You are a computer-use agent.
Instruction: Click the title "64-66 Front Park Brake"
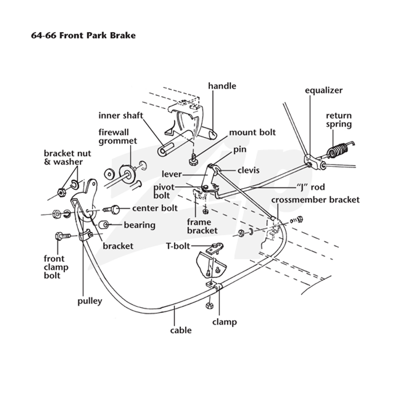(x=83, y=35)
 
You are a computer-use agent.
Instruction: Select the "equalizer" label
(x=323, y=90)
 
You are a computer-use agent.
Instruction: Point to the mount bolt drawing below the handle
(x=193, y=160)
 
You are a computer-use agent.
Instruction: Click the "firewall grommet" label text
(x=118, y=136)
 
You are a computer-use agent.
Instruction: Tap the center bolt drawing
(x=111, y=209)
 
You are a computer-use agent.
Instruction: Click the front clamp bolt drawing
(x=62, y=236)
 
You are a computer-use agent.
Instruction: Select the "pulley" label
(x=90, y=301)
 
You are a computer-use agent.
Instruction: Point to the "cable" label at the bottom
(x=181, y=330)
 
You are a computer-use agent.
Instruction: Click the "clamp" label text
(x=224, y=321)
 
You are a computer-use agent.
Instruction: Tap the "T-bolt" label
(x=178, y=246)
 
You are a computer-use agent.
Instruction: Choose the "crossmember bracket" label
(x=315, y=199)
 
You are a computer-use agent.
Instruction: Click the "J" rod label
(x=310, y=187)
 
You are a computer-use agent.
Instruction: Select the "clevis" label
(x=248, y=170)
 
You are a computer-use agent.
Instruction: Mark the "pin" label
(x=240, y=149)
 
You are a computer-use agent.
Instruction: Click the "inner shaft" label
(x=120, y=115)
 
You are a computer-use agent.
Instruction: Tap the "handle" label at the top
(x=222, y=86)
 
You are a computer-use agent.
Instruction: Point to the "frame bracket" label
(x=202, y=226)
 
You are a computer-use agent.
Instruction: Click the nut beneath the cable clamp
(x=209, y=305)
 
